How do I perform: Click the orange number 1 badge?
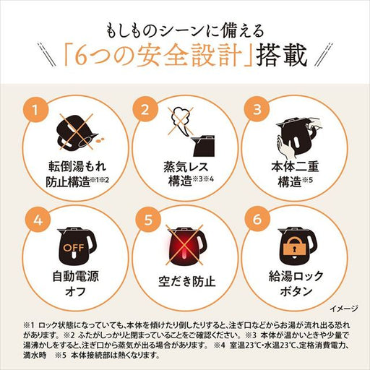tap(30, 111)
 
